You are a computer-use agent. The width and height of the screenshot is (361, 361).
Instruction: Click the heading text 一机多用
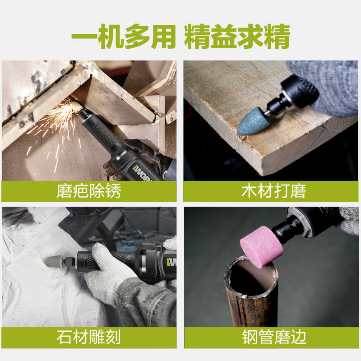tap(124, 37)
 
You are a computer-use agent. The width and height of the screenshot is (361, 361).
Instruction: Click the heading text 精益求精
tap(237, 37)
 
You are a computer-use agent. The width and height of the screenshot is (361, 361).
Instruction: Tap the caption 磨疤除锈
tap(89, 191)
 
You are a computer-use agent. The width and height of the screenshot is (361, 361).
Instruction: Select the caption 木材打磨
tap(274, 191)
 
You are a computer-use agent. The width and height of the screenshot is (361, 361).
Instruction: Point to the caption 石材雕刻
tap(89, 337)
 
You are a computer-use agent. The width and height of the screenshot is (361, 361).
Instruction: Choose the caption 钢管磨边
tap(274, 337)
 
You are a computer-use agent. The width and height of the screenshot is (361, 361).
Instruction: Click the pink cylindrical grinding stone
tap(261, 247)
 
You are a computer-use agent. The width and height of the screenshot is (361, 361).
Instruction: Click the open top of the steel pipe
tap(251, 276)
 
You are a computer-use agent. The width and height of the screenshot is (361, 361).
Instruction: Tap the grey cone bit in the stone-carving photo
tap(54, 262)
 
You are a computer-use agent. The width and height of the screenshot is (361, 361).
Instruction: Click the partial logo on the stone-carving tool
tap(171, 262)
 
